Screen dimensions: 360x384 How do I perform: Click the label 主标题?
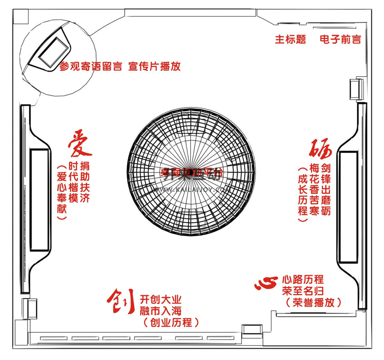pyautogui.click(x=290, y=39)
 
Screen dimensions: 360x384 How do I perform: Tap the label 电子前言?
pyautogui.click(x=340, y=39)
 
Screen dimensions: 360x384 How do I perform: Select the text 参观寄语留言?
pyautogui.click(x=91, y=66)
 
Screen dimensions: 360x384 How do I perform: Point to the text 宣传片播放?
pyautogui.click(x=154, y=66)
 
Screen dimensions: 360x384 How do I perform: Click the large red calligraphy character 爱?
pyautogui.click(x=80, y=143)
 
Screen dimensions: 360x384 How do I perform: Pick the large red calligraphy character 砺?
pyautogui.click(x=321, y=149)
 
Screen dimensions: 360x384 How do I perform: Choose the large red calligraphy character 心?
pyautogui.click(x=266, y=283)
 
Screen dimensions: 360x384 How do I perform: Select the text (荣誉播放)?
pyautogui.click(x=313, y=302)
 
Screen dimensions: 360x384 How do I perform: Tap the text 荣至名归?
pyautogui.click(x=303, y=291)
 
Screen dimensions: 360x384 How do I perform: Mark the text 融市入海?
pyautogui.click(x=161, y=311)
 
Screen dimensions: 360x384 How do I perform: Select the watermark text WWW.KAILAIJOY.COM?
pyautogui.click(x=191, y=189)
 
